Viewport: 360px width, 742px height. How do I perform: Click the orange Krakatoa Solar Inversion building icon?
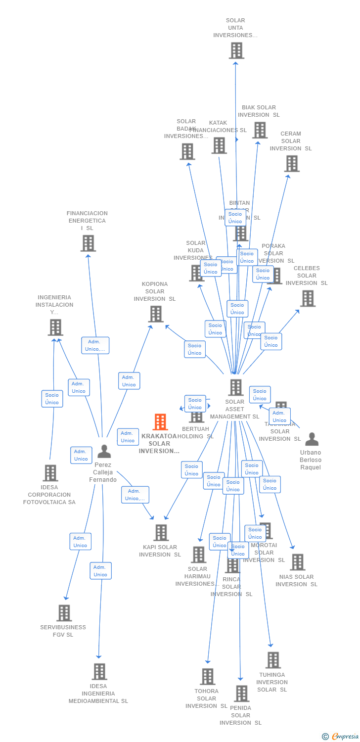(160, 422)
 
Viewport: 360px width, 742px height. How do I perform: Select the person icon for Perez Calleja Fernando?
(104, 451)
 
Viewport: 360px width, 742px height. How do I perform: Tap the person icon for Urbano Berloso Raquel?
(312, 439)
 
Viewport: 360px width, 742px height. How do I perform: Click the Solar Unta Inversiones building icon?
(236, 50)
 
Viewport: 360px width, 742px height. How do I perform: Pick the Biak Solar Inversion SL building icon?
(260, 130)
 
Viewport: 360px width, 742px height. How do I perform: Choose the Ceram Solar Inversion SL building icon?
(292, 164)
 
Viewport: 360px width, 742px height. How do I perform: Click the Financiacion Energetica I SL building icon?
(88, 243)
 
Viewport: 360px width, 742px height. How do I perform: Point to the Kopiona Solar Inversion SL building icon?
(156, 314)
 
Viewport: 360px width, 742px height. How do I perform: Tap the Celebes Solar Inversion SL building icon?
(308, 298)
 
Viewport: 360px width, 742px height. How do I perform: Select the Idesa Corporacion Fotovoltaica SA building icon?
(50, 473)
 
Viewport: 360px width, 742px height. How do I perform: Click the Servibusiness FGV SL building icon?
(64, 613)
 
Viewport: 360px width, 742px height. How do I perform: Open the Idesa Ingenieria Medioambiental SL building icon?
(99, 672)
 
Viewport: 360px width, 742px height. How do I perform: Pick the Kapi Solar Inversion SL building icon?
(161, 533)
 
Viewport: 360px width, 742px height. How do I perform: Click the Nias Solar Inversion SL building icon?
(297, 562)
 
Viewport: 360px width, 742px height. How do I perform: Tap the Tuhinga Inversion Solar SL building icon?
(273, 660)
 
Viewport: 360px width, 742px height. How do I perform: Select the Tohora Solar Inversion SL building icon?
(208, 676)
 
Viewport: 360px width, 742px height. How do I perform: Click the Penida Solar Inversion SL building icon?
(241, 694)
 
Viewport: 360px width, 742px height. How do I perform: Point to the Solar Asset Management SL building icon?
(236, 387)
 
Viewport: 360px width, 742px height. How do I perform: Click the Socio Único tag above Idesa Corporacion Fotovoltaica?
(52, 399)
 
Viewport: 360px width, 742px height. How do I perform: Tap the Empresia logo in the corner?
(341, 737)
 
